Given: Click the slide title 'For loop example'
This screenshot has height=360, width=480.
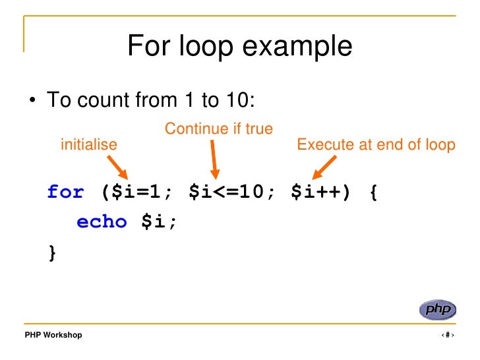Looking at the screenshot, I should click(x=239, y=47).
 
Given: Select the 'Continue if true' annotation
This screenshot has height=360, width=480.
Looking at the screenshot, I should click(x=218, y=129).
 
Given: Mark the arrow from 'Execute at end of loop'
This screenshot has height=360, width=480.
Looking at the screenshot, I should click(x=323, y=167).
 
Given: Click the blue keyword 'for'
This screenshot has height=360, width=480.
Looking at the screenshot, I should click(x=66, y=192).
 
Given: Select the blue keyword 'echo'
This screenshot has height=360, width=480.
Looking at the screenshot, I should click(x=102, y=222).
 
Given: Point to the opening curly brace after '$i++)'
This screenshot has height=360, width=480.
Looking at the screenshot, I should click(x=373, y=192).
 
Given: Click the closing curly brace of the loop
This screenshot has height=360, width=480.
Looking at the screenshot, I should click(x=52, y=252).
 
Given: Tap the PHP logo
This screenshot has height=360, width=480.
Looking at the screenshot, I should click(x=436, y=309).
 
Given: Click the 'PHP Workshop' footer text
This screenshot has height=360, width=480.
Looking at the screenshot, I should click(x=53, y=335).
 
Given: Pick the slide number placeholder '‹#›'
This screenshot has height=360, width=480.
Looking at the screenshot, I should click(x=448, y=335).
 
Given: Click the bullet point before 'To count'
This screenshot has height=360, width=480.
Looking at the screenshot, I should click(x=31, y=102).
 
